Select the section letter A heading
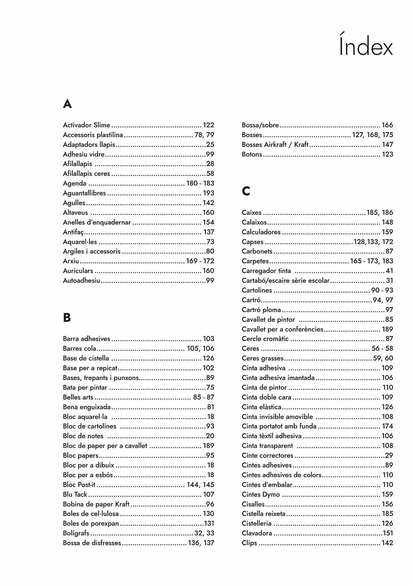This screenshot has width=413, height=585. click(x=67, y=104)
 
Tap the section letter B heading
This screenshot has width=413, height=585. click(x=67, y=317)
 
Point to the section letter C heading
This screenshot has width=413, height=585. click(x=246, y=191)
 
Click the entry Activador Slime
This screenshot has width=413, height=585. click(x=86, y=125)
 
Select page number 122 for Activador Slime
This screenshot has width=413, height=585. click(x=209, y=125)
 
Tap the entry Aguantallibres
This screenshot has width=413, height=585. click(x=84, y=193)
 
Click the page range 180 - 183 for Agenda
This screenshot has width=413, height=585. click(x=200, y=183)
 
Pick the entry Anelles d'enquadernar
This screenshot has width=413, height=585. click(x=97, y=222)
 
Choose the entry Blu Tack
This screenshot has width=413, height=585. click(x=75, y=494)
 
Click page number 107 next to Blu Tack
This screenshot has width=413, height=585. click(x=209, y=494)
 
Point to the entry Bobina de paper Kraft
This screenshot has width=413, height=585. click(x=96, y=504)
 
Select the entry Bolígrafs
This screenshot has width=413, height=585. click(x=76, y=533)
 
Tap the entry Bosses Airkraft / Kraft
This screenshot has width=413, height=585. click(x=275, y=144)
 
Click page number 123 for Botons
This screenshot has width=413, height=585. click(x=387, y=154)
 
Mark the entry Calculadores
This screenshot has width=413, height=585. click(x=261, y=232)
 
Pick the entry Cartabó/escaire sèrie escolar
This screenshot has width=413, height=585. click(x=286, y=281)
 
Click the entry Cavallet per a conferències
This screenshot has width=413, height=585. click(x=282, y=329)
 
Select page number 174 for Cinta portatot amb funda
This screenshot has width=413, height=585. click(x=387, y=426)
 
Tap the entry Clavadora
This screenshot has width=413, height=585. click(x=257, y=533)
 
